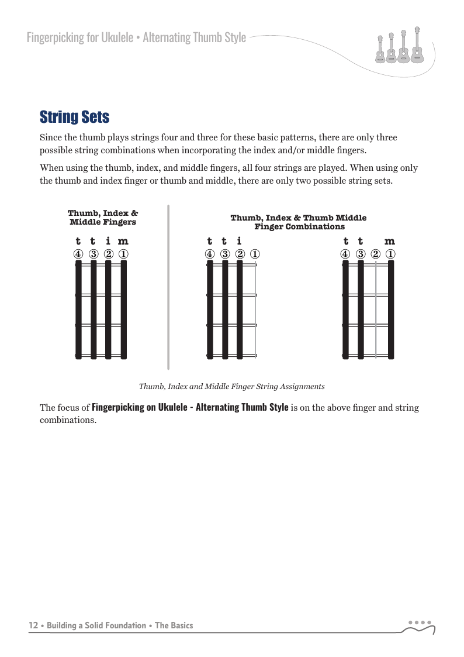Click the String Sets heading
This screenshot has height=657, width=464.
pyautogui.click(x=74, y=117)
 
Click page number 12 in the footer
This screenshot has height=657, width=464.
pyautogui.click(x=34, y=625)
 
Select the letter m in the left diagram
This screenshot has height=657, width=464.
pyautogui.click(x=123, y=241)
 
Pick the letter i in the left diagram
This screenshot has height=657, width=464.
pyautogui.click(x=108, y=241)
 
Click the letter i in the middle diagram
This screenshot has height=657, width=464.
pyautogui.click(x=239, y=241)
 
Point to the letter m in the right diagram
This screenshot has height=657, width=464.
pyautogui.click(x=390, y=241)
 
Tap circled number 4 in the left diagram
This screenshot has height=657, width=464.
pyautogui.click(x=78, y=254)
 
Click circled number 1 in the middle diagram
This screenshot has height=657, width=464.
pyautogui.click(x=255, y=254)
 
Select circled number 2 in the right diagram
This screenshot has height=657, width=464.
pyautogui.click(x=376, y=254)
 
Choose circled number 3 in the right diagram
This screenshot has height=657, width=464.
pyautogui.click(x=361, y=254)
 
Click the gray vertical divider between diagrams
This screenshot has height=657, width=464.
pyautogui.click(x=168, y=287)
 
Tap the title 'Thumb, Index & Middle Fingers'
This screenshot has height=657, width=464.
pyautogui.click(x=103, y=218)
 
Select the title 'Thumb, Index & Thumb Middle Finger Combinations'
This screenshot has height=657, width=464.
pyautogui.click(x=299, y=222)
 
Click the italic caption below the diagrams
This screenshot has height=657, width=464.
pyautogui.click(x=231, y=387)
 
